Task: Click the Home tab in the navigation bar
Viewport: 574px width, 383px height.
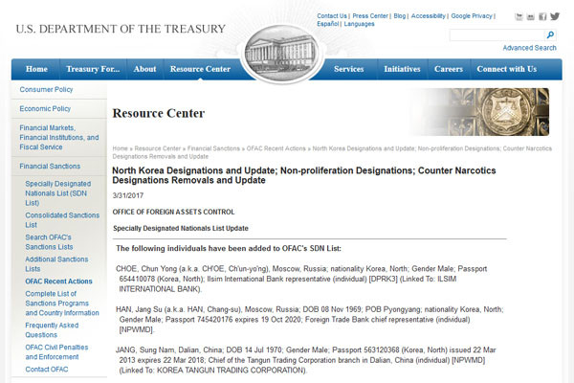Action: [36, 69]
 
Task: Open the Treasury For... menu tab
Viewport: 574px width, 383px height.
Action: [93, 69]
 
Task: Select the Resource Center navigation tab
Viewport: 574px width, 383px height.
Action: [200, 69]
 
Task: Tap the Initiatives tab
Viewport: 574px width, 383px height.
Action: [402, 69]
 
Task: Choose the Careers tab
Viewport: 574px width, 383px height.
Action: [449, 69]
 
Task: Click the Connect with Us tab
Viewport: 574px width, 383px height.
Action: [506, 69]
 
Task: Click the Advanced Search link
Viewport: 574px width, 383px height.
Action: [529, 48]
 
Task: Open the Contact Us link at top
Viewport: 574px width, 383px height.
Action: [332, 16]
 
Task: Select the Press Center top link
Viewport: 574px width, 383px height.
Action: [369, 16]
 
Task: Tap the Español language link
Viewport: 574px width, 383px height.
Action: [328, 24]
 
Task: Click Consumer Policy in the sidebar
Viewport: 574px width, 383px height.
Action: [47, 90]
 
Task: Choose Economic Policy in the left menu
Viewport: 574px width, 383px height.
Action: [47, 108]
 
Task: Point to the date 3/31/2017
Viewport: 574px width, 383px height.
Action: [127, 195]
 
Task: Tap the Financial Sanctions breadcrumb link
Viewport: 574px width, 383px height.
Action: [214, 149]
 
